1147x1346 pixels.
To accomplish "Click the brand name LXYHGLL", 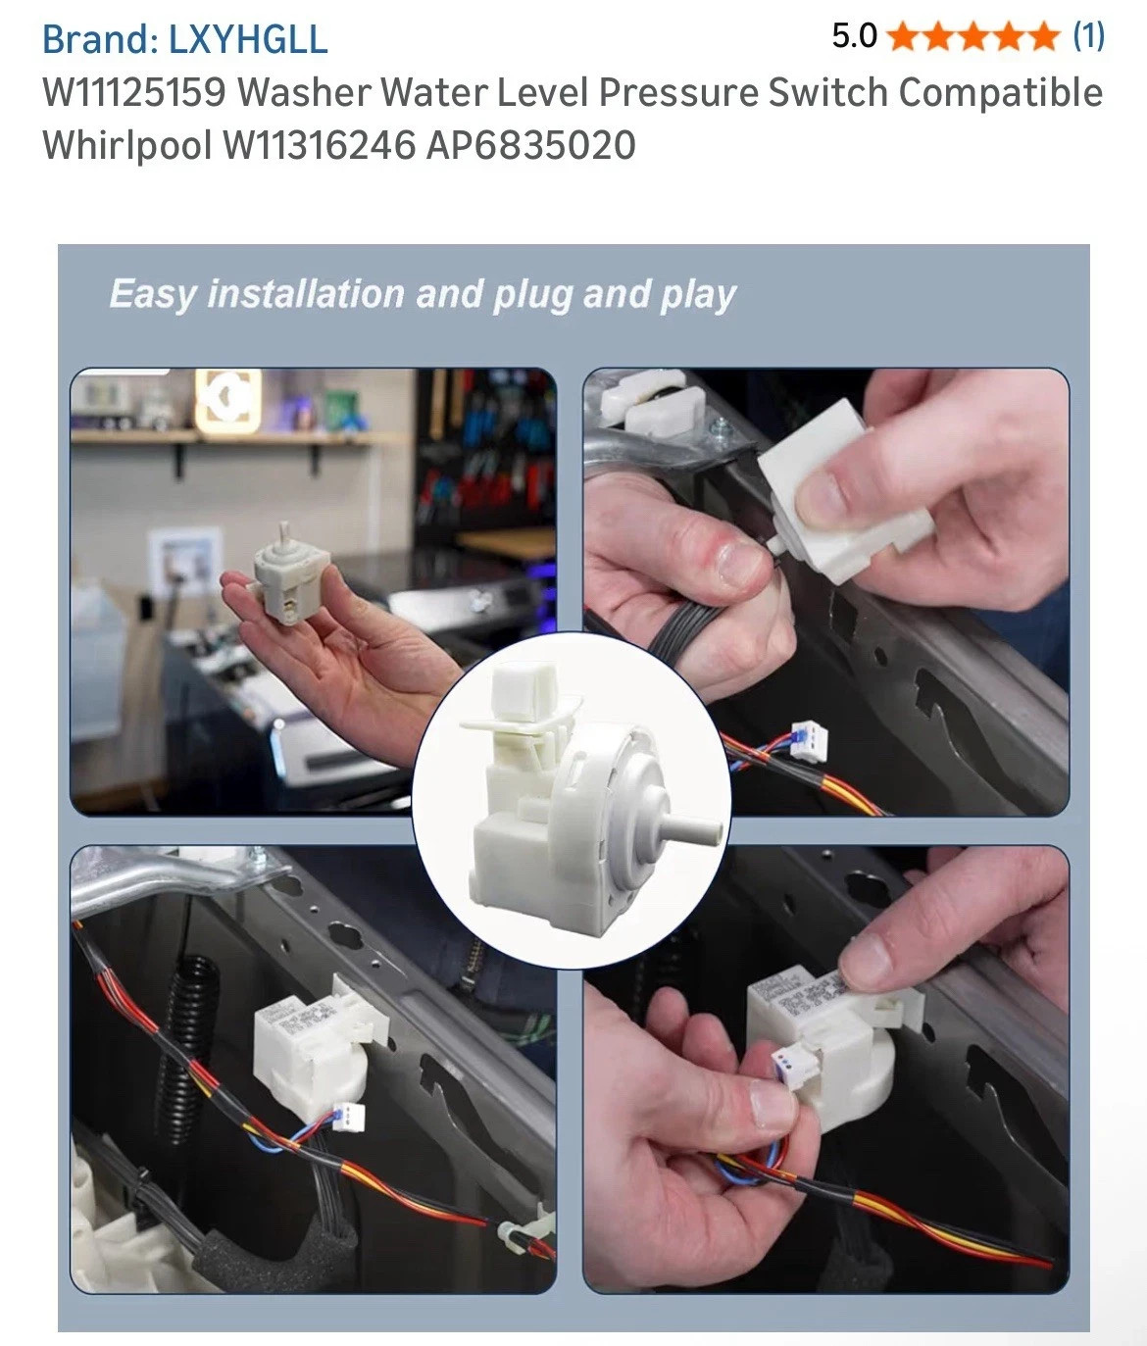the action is (x=248, y=39).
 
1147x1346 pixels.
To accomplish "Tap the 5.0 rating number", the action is (x=855, y=36).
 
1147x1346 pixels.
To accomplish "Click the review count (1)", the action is (x=1088, y=36).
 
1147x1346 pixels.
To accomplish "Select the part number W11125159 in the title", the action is (x=134, y=92).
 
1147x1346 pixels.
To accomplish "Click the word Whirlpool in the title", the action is (x=127, y=145).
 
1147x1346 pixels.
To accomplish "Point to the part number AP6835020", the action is (x=530, y=144).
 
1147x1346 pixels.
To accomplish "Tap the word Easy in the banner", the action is (x=152, y=295).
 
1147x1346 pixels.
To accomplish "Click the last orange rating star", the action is (x=1042, y=36).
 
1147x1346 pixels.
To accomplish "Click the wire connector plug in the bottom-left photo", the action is (x=348, y=1117).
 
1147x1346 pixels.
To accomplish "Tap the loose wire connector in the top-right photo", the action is (x=809, y=738).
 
